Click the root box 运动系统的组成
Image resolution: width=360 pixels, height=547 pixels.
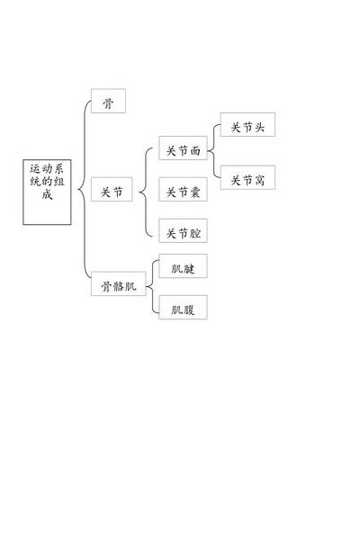pyautogui.click(x=47, y=192)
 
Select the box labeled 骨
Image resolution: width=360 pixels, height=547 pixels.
pyautogui.click(x=108, y=101)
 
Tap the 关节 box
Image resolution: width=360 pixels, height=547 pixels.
pyautogui.click(x=112, y=189)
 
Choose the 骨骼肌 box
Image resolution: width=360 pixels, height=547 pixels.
pyautogui.click(x=118, y=283)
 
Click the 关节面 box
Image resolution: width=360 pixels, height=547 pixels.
pyautogui.click(x=183, y=148)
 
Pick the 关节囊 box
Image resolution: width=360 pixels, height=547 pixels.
pyautogui.click(x=183, y=189)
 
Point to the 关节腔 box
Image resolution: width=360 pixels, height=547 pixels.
pyautogui.click(x=183, y=230)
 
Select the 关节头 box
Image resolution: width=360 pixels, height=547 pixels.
pyautogui.click(x=247, y=124)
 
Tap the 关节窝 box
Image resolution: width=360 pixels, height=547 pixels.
pyautogui.click(x=247, y=177)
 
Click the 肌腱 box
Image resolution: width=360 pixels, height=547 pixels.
pyautogui.click(x=183, y=265)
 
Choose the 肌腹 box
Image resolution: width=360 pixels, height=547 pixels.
pyautogui.click(x=183, y=308)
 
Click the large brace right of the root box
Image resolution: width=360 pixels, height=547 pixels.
pyautogui.click(x=85, y=190)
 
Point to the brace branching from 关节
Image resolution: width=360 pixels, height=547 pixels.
pyautogui.click(x=145, y=193)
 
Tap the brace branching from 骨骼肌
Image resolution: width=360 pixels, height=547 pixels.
pyautogui.click(x=152, y=287)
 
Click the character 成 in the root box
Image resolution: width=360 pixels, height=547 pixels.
pyautogui.click(x=47, y=194)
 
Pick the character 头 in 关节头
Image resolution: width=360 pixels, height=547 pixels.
pyautogui.click(x=259, y=127)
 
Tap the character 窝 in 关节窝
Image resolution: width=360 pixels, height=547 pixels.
pyautogui.click(x=259, y=180)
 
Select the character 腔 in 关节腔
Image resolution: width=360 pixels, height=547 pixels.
pyautogui.click(x=194, y=233)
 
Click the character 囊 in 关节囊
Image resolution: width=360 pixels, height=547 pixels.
pyautogui.click(x=194, y=192)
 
